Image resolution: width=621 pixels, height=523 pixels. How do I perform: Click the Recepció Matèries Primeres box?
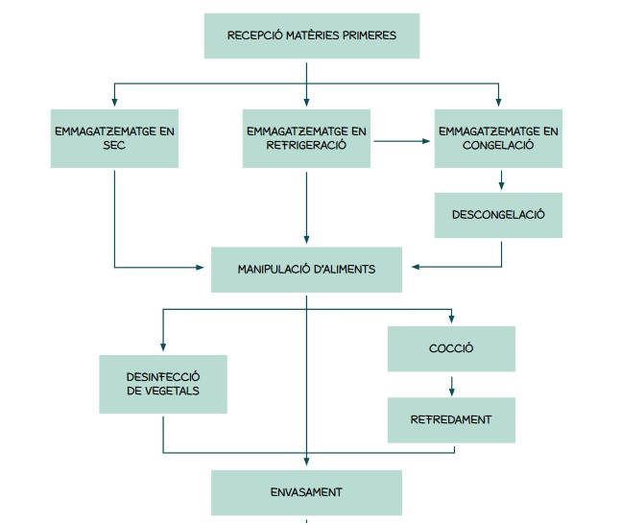coord(311,36)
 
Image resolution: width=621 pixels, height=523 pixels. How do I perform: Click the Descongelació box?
coord(498,214)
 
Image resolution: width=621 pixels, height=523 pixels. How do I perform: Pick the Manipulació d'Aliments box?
coord(306,270)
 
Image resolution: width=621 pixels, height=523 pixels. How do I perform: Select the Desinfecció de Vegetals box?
coord(162,384)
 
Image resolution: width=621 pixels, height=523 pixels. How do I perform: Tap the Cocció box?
coord(451,348)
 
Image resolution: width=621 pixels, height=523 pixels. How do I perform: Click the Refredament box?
coord(451,420)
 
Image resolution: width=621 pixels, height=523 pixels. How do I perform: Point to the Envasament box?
coord(306,492)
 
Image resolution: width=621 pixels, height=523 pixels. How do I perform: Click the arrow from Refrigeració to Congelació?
coord(402,142)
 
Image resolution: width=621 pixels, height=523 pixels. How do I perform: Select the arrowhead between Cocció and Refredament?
coord(451,392)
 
